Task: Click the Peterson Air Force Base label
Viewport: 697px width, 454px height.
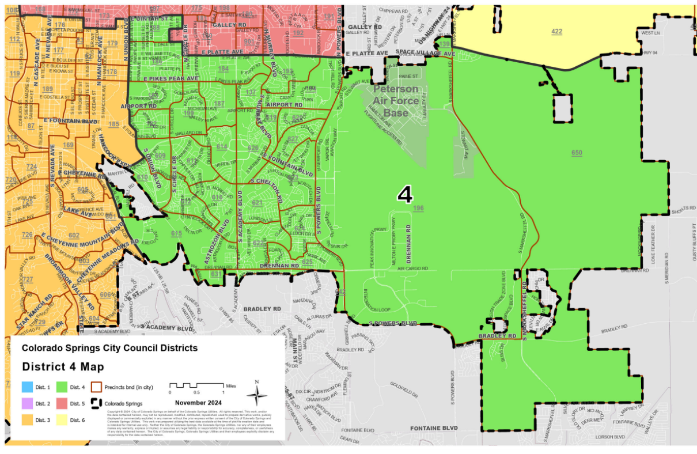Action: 396,101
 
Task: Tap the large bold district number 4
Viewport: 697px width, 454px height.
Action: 405,195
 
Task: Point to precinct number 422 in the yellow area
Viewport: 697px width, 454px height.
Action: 556,32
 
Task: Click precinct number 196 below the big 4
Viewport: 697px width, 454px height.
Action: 418,208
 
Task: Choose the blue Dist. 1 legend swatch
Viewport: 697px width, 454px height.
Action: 27,387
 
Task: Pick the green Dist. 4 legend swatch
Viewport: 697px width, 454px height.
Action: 61,387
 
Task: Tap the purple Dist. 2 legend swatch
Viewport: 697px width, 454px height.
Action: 27,403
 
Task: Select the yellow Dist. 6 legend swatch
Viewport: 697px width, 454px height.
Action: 61,420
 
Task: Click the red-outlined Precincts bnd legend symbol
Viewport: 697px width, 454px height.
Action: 97,387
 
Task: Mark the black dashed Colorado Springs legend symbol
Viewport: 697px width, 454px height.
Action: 97,403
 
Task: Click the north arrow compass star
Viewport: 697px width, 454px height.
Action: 257,396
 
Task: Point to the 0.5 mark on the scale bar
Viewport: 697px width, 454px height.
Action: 196,392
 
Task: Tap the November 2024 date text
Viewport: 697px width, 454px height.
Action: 198,402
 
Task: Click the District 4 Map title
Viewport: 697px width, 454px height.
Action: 63,367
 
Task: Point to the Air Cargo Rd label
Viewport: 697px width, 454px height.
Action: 413,268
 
